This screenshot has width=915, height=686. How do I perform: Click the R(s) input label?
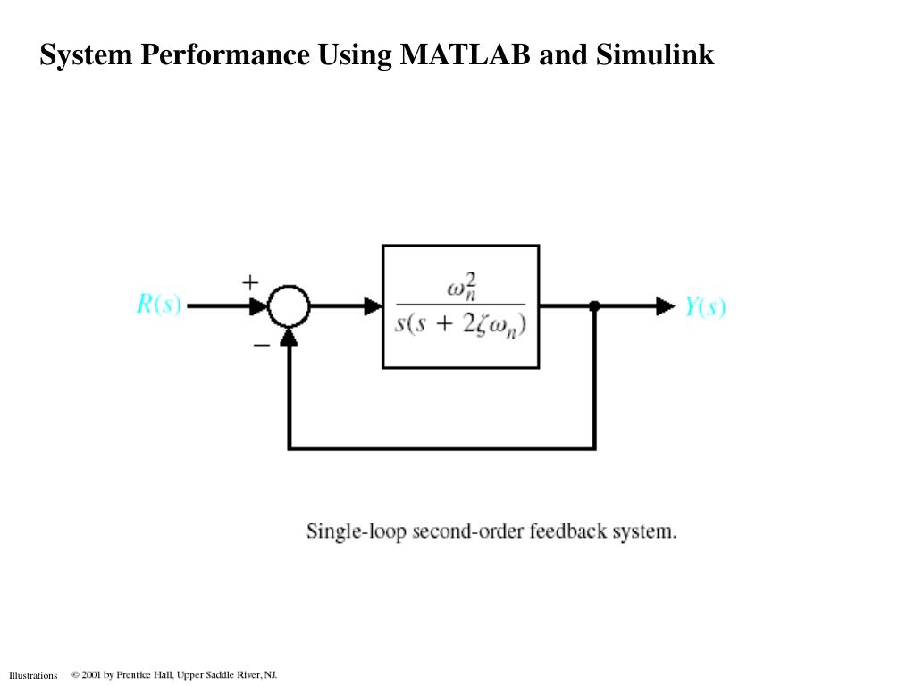pyautogui.click(x=158, y=305)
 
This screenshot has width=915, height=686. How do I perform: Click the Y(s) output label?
pyautogui.click(x=705, y=306)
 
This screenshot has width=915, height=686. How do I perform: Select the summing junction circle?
pyautogui.click(x=289, y=306)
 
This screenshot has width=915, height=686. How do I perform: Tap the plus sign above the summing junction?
pyautogui.click(x=250, y=281)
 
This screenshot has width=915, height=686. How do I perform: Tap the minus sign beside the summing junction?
pyautogui.click(x=261, y=343)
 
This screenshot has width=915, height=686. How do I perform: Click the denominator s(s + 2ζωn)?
pyautogui.click(x=460, y=322)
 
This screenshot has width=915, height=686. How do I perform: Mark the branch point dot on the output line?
pyautogui.click(x=594, y=306)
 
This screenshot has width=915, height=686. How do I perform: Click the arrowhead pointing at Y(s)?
pyautogui.click(x=666, y=306)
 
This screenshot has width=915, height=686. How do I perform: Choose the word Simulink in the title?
pyautogui.click(x=655, y=55)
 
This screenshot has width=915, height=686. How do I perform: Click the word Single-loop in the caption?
pyautogui.click(x=356, y=531)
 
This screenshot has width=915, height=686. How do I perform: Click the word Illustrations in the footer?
pyautogui.click(x=33, y=675)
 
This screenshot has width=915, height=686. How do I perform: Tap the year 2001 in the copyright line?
pyautogui.click(x=91, y=674)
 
